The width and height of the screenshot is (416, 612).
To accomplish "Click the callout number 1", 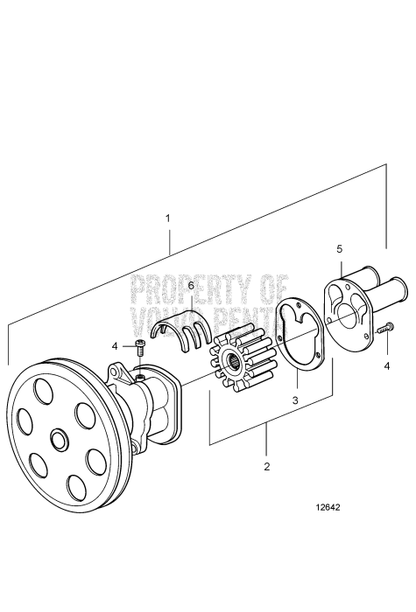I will tap(167, 215).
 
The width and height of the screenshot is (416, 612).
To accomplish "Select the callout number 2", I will tap(266, 466).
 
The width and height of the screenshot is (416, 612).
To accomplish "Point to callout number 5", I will tap(339, 249).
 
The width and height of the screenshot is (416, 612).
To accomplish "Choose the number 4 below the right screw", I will tap(386, 366).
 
